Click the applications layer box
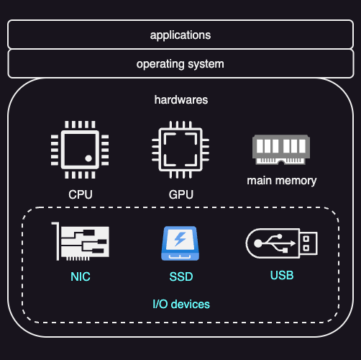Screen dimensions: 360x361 180,35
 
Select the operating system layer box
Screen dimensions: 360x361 180,63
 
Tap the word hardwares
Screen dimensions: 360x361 181,99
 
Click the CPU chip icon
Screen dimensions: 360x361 80,150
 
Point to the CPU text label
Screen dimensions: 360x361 80,194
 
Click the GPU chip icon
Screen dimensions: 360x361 180,150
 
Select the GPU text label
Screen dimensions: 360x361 180,194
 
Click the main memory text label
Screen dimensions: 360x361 281,180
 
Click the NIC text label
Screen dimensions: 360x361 81,276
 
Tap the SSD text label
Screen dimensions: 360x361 181,276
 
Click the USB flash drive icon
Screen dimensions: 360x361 281,243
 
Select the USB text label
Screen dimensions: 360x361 282,275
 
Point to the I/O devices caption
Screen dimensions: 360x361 181,304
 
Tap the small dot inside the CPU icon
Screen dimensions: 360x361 88,158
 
